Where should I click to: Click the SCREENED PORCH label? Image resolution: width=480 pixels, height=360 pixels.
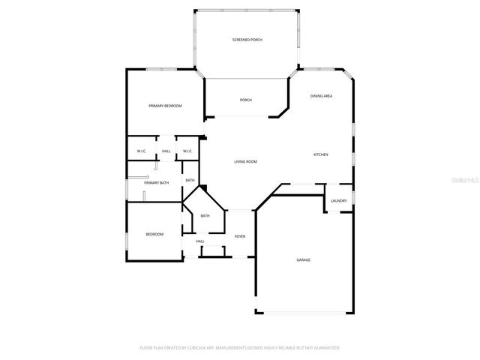[x=247, y=40]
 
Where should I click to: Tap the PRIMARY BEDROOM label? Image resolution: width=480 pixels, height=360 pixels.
[x=165, y=106]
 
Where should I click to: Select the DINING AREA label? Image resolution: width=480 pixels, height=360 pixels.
[x=322, y=96]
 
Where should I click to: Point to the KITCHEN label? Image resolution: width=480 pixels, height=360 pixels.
[x=320, y=154]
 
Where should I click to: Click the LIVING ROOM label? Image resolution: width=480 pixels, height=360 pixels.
[x=245, y=162]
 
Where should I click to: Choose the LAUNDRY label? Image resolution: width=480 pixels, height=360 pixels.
[x=338, y=200]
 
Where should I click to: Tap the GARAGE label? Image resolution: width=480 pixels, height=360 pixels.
[x=303, y=260]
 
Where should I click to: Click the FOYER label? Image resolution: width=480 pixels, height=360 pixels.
[x=240, y=236]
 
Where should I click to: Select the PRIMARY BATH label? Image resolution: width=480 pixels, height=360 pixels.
[x=156, y=183]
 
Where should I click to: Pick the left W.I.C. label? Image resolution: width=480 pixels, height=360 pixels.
[x=141, y=151]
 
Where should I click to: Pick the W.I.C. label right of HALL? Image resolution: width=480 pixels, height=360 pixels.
[x=187, y=151]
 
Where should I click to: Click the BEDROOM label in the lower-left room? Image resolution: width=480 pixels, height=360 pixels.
[x=154, y=235]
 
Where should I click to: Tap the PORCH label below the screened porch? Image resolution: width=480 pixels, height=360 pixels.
[x=245, y=100]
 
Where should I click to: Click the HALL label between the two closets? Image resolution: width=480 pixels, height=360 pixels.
[x=166, y=151]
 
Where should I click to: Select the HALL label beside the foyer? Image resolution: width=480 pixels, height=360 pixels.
[x=200, y=241]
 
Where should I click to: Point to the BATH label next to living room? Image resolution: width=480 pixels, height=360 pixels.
[x=190, y=180]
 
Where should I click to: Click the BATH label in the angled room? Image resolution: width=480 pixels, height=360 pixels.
[x=205, y=216]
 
